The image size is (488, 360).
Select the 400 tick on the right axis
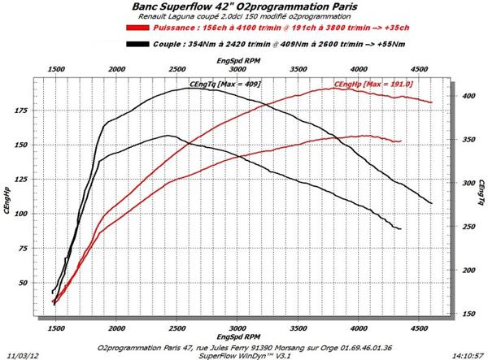(x=466, y=96)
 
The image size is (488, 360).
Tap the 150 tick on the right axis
(x=466, y=313)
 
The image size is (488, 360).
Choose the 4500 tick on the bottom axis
(x=418, y=327)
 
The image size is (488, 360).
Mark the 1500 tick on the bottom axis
(x=55, y=327)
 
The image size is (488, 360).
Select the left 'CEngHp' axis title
(x=8, y=199)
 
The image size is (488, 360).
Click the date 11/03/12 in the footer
(x=20, y=353)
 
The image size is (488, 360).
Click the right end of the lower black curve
(x=401, y=229)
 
